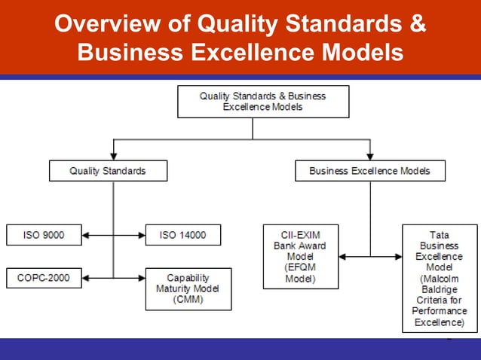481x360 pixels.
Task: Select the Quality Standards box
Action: click(108, 171)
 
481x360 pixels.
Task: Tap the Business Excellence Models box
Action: click(369, 171)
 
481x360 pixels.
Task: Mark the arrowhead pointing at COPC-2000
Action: click(85, 278)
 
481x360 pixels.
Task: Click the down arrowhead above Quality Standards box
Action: click(114, 157)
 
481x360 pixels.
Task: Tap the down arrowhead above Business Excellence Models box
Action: click(370, 157)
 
